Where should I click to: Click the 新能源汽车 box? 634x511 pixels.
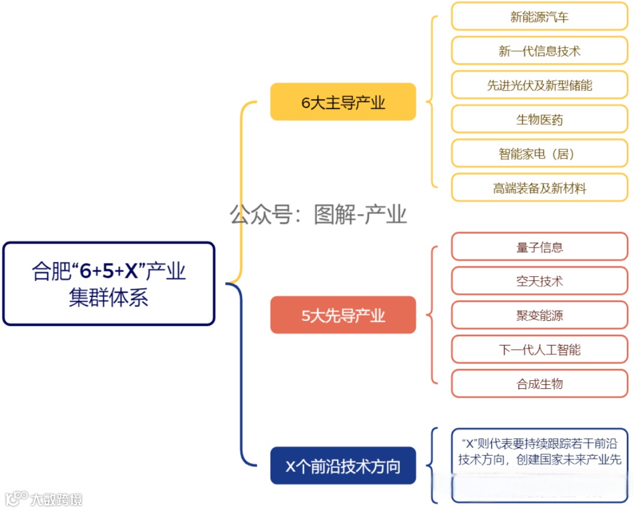539,16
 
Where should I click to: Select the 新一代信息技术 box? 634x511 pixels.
539,51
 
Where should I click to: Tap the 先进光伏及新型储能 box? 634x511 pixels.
539,85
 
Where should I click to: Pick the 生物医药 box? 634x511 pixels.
539,120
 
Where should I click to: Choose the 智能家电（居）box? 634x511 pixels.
539,154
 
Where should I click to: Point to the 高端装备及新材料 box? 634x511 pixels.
539,188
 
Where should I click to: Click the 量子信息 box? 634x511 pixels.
539,247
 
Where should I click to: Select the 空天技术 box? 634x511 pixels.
539,281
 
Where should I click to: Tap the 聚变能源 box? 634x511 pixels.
539,316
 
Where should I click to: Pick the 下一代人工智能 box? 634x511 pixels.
539,350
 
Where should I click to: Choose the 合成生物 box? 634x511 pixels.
539,384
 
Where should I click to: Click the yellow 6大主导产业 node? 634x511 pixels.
343,102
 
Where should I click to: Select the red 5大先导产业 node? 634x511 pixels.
343,316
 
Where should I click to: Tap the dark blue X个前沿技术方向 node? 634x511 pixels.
343,466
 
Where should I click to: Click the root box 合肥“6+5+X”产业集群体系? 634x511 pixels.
109,284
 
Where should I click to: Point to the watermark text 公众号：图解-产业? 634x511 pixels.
318,215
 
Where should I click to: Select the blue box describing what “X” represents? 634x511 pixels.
539,465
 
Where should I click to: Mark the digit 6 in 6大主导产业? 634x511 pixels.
305,103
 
